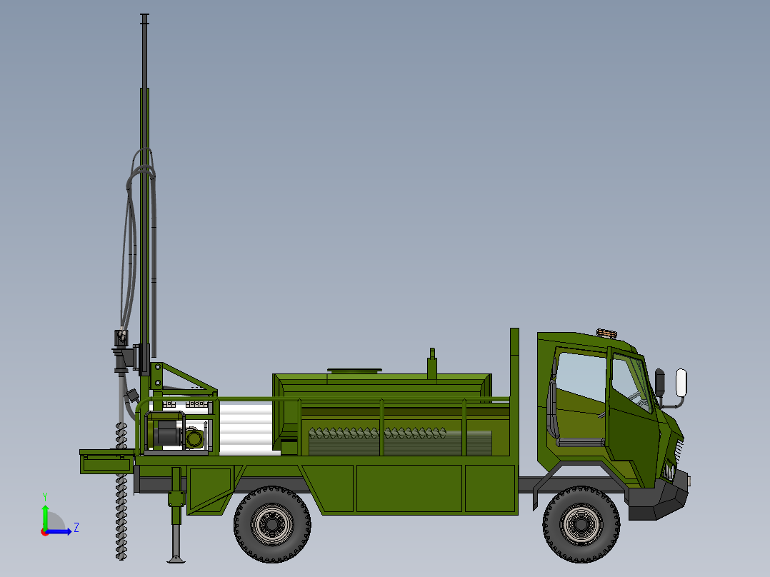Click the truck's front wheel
[581, 523]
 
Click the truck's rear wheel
[272, 523]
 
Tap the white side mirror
[681, 382]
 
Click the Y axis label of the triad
[44, 496]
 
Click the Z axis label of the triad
[76, 528]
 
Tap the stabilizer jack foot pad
[175, 558]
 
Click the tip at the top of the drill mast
[145, 16]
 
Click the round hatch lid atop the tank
[354, 371]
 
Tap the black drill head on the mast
[122, 353]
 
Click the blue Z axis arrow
[61, 531]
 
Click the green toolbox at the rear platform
[106, 462]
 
